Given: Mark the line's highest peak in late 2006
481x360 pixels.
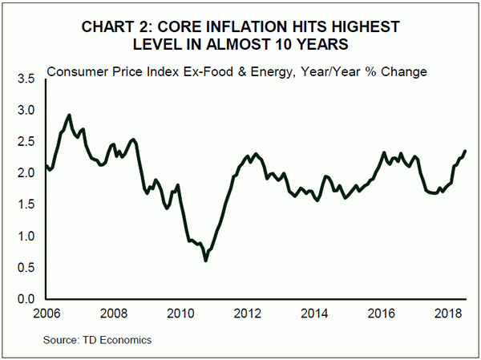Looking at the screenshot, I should pyautogui.click(x=70, y=115).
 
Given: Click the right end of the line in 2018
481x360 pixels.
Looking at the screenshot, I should pyautogui.click(x=466, y=152).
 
